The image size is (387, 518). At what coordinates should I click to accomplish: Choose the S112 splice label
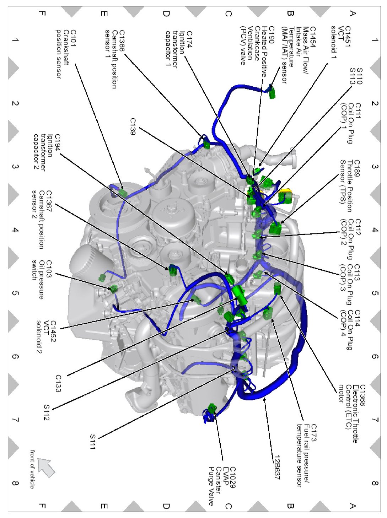[46, 412]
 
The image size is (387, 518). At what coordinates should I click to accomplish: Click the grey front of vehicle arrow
[46, 467]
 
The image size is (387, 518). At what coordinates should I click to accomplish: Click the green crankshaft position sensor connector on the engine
[123, 193]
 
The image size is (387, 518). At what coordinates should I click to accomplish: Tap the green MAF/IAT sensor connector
[272, 93]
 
